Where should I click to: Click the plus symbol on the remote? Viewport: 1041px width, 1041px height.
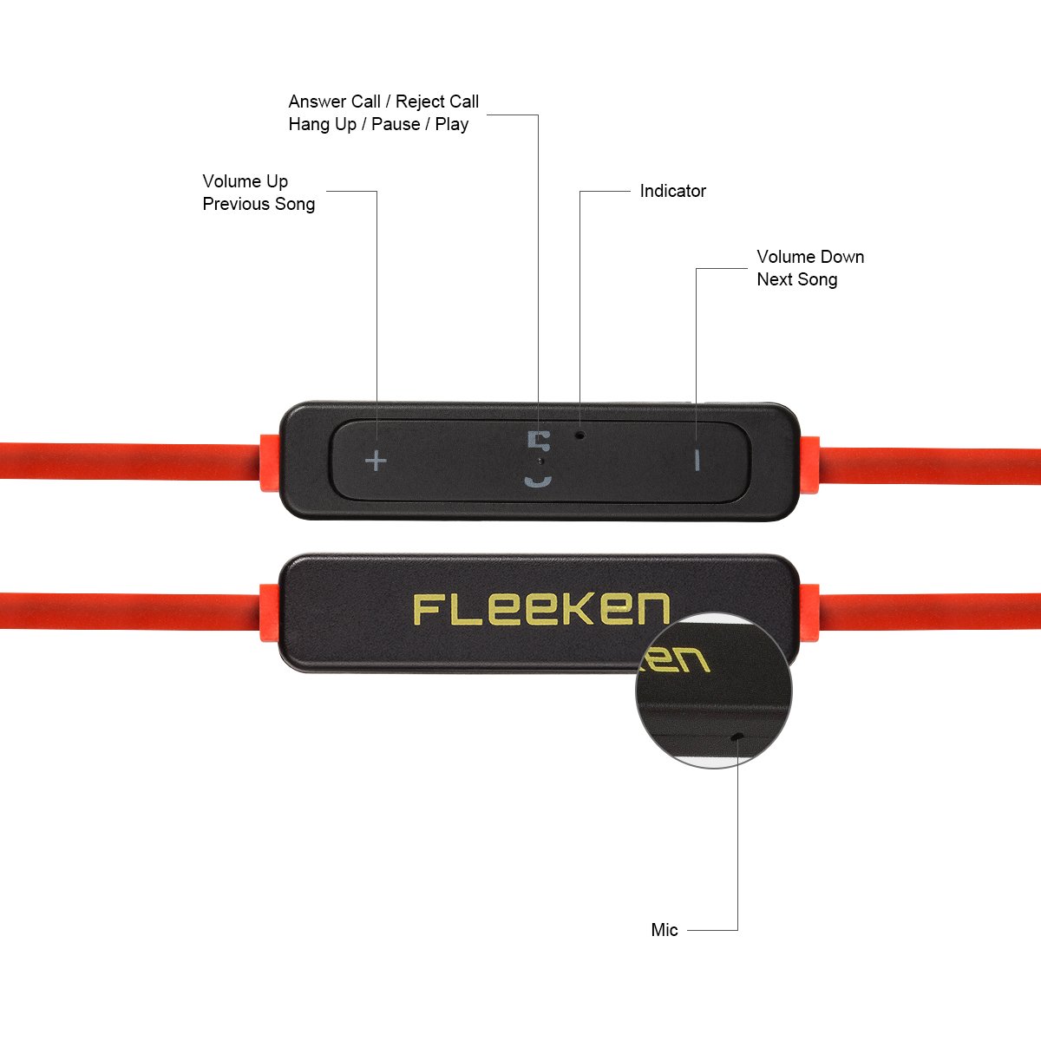pos(376,461)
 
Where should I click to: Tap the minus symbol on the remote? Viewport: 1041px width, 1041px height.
pos(697,460)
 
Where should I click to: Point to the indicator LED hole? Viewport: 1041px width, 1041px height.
pos(579,433)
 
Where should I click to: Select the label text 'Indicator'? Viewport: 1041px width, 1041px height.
pos(672,191)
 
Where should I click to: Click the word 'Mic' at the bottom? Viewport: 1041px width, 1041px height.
pos(665,930)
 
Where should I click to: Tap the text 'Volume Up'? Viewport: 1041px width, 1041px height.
pos(245,181)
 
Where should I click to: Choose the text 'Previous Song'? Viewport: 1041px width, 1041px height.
pos(259,204)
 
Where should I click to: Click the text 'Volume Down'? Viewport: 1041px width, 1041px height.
pos(810,257)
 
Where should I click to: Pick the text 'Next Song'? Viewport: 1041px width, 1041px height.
pos(796,279)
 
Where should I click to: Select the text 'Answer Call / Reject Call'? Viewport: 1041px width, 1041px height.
pos(383,101)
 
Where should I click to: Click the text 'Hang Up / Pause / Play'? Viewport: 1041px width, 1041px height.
pos(378,124)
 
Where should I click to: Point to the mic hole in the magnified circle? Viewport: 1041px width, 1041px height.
pos(737,737)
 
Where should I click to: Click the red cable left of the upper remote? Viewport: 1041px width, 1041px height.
pos(130,461)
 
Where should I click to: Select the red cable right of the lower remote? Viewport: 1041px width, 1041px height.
pos(928,612)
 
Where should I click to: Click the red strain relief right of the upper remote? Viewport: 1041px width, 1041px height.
pos(809,464)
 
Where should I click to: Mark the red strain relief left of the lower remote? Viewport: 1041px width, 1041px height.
pos(269,612)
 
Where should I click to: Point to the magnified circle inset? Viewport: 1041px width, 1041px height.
pos(714,691)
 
